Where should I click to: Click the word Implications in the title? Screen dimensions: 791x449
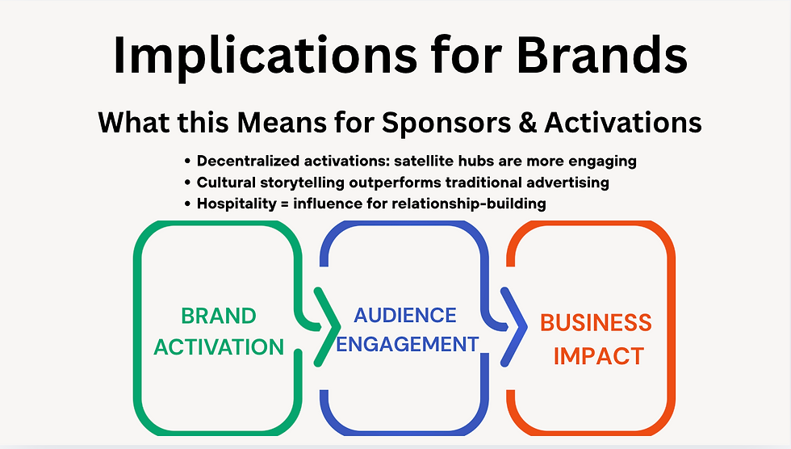[x=265, y=56]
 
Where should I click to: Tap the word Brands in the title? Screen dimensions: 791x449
[x=602, y=54]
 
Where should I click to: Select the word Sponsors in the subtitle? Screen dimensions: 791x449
[x=446, y=123]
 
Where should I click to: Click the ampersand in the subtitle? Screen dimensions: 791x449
[x=528, y=123]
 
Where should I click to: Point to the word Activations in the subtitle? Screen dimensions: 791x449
[x=623, y=123]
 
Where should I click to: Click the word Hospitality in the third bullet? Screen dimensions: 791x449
[x=236, y=204]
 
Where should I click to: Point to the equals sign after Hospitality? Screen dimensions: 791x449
[x=284, y=204]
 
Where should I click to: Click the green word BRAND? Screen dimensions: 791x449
[x=219, y=317]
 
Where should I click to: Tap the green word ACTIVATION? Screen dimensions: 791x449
[x=219, y=347]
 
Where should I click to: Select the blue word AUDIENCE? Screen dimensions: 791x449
[x=405, y=315]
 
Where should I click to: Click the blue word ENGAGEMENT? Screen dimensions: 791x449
[x=407, y=344]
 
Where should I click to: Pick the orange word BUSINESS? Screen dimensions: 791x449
[x=596, y=323]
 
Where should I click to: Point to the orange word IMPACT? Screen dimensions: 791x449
[x=599, y=356]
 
